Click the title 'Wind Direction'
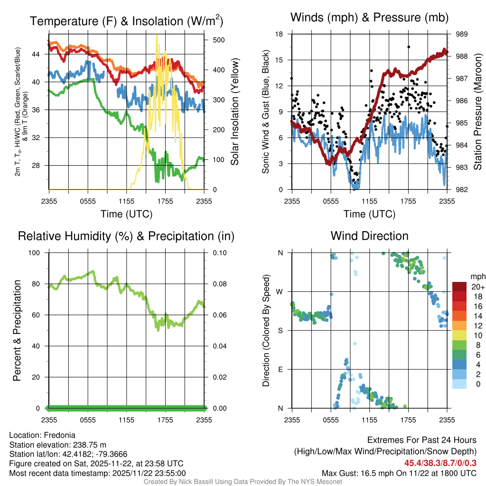[369, 236]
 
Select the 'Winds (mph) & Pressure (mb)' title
[369, 18]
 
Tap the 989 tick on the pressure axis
[462, 34]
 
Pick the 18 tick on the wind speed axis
[279, 34]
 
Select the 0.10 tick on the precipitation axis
[219, 252]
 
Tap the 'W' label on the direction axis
[280, 291]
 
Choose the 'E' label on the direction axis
[280, 369]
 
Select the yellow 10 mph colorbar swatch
[460, 335]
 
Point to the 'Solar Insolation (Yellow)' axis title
[234, 112]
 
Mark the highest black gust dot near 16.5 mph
[408, 47]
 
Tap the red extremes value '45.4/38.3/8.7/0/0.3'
[440, 462]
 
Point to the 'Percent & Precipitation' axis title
[17, 330]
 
